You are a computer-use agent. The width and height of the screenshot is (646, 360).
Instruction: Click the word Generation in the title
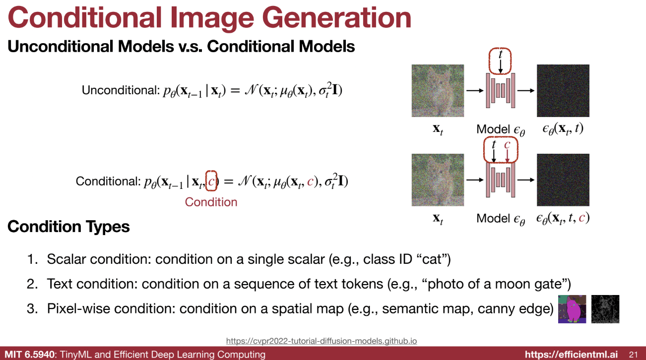[336, 18]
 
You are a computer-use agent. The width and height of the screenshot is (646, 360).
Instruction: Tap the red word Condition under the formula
[211, 202]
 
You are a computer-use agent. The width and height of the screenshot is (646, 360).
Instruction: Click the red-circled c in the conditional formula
[211, 181]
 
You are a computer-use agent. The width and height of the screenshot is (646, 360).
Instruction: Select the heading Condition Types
[68, 227]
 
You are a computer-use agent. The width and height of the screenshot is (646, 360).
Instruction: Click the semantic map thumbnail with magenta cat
[572, 309]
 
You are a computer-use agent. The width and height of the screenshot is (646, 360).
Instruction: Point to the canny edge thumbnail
[605, 309]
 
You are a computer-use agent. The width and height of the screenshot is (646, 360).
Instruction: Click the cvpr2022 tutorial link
[322, 341]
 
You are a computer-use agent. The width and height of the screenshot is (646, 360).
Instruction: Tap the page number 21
[633, 354]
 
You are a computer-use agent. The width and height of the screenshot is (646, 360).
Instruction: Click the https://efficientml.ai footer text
[571, 354]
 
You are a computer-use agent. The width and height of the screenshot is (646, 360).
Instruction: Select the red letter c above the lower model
[507, 145]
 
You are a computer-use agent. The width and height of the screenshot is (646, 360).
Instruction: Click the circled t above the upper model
[501, 54]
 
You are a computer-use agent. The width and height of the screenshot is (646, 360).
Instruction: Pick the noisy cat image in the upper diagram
[438, 91]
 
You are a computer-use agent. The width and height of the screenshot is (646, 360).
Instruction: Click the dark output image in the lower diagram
[563, 180]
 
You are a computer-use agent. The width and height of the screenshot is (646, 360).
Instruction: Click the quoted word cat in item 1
[432, 259]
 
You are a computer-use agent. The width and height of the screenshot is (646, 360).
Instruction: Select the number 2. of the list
[32, 284]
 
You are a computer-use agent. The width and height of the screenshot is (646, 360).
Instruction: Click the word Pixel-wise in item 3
[78, 309]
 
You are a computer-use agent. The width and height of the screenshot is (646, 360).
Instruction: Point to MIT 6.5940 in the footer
[30, 354]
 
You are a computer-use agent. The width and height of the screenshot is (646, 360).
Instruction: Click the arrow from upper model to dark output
[526, 91]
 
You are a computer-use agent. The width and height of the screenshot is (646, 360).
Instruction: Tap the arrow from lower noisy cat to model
[475, 180]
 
